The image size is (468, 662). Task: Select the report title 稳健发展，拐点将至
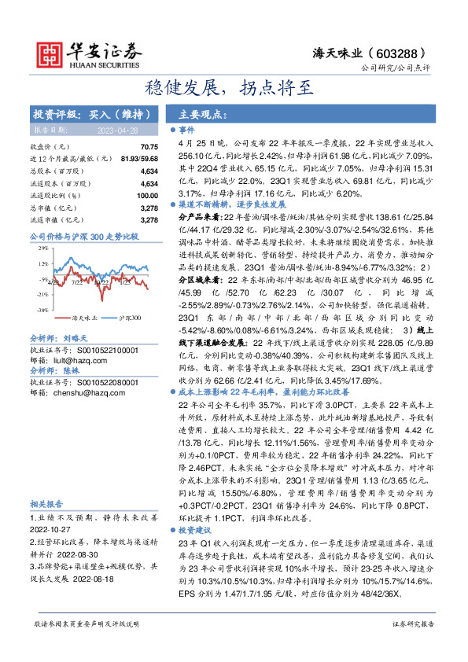point(234,87)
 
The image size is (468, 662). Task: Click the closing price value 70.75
point(149,147)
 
